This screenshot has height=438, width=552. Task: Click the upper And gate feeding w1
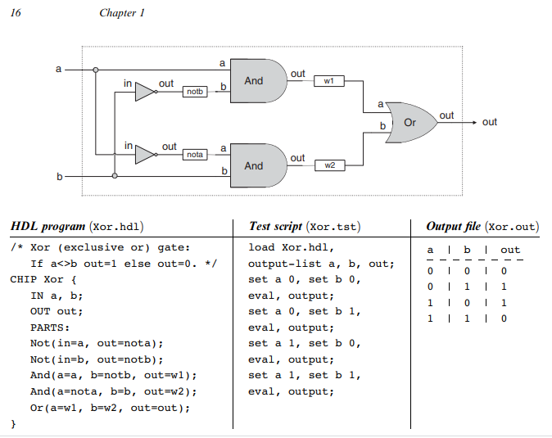256,80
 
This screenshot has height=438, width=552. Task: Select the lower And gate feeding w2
256,165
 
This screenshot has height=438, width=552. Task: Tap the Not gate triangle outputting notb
144,91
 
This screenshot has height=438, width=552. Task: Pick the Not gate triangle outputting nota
144,154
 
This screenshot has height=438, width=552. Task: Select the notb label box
195,92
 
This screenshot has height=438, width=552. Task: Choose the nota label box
195,155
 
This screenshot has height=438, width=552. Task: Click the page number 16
15,12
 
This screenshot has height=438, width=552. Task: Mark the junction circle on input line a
97,70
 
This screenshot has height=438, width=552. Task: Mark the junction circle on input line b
115,175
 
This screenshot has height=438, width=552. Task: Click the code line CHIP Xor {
44,279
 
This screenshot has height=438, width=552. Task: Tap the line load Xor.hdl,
291,247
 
